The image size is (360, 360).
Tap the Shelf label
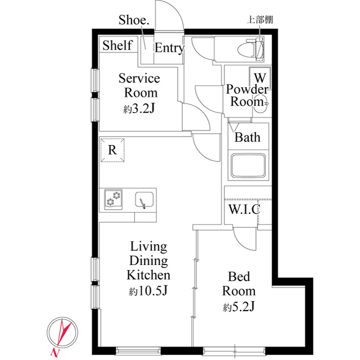[118, 46]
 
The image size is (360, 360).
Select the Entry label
[169, 48]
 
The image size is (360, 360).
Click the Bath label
[247, 137]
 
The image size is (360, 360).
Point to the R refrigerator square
[112, 150]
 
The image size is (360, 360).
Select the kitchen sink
[145, 199]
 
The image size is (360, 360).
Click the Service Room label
[138, 85]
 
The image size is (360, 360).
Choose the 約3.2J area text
[138, 109]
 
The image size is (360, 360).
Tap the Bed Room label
[238, 283]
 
